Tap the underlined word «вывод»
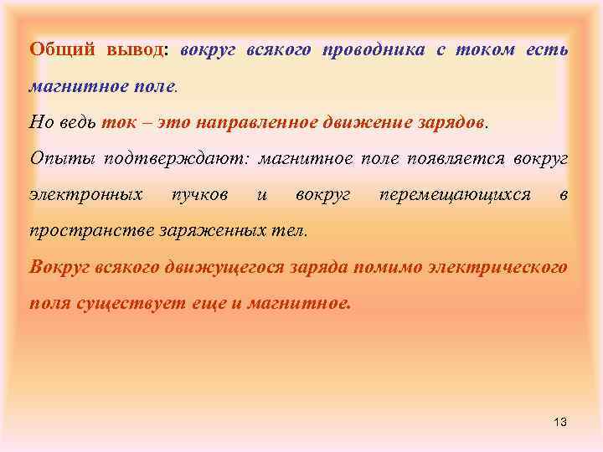(x=137, y=49)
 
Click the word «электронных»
(x=85, y=195)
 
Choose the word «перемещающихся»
(x=455, y=195)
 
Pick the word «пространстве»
(x=85, y=230)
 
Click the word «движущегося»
(x=239, y=267)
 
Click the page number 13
(x=560, y=422)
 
